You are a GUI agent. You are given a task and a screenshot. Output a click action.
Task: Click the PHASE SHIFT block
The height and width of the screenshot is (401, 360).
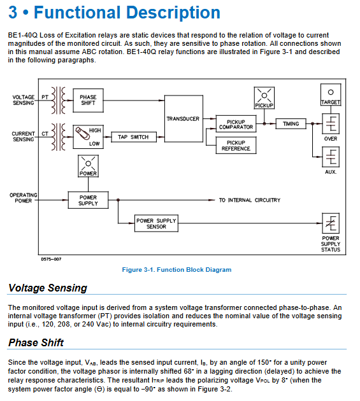[88, 101]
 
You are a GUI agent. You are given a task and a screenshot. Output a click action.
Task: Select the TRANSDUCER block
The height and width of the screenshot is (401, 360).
[184, 118]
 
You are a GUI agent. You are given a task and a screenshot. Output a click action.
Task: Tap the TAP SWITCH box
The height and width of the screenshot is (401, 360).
[133, 137]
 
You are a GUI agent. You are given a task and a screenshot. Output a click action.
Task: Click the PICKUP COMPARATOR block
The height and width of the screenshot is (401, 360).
[236, 124]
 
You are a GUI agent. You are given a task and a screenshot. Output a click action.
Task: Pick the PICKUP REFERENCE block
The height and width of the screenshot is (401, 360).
[236, 145]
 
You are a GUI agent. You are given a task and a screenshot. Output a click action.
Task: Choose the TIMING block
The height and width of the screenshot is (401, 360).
[291, 123]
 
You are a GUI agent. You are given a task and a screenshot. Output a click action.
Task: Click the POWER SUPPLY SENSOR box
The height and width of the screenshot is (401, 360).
[156, 223]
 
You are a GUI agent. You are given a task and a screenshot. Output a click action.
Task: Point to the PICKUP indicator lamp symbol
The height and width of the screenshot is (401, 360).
[264, 98]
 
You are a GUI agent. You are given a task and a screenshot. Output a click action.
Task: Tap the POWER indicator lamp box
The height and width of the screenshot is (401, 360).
[88, 166]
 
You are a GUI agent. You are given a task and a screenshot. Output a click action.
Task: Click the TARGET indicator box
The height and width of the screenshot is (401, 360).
[331, 95]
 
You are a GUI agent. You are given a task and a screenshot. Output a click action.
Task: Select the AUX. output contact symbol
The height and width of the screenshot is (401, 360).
[331, 157]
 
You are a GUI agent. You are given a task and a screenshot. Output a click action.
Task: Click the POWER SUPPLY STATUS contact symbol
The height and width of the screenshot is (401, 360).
[331, 223]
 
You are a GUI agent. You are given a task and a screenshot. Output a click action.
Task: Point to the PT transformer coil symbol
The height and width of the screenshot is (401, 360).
[59, 101]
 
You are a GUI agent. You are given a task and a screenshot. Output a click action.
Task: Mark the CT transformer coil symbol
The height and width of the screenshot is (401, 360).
[59, 137]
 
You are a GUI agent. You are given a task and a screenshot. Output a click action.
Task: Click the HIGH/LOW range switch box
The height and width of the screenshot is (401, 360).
[88, 137]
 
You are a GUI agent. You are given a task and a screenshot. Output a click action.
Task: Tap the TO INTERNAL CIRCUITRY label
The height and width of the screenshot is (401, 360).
[249, 200]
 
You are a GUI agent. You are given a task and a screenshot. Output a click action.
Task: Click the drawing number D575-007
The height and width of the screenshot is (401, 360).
[51, 259]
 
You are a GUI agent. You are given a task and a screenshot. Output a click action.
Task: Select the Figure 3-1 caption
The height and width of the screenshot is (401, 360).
[176, 269]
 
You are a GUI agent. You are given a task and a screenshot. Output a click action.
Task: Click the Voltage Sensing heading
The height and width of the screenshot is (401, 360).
[48, 288]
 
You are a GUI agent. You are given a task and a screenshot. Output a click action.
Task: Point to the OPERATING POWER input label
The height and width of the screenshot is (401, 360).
[24, 198]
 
